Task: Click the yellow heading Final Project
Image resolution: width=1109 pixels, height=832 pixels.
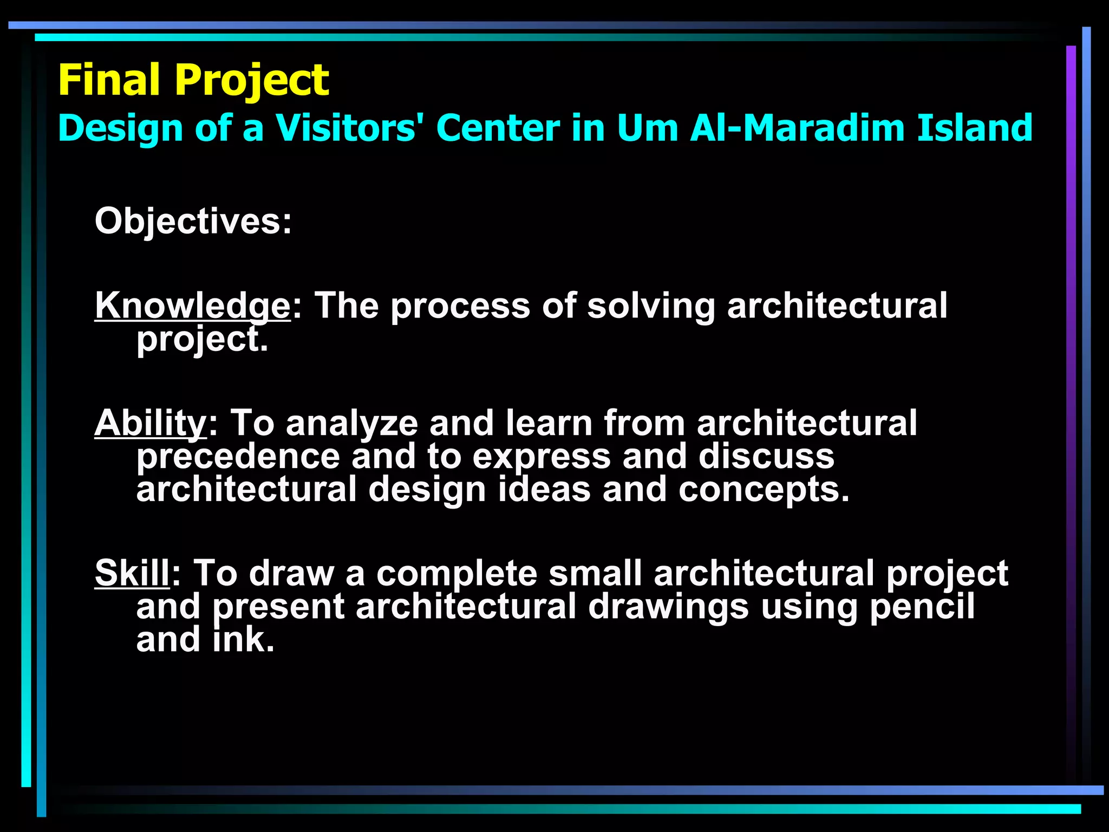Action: [193, 80]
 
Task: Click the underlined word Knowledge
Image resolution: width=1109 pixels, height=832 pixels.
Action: [193, 305]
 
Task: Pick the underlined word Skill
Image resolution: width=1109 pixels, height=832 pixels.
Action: [133, 573]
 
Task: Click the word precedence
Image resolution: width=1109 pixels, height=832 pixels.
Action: [238, 457]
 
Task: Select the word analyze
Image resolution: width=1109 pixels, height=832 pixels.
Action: [352, 424]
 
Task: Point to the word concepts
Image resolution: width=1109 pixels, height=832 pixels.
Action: [764, 490]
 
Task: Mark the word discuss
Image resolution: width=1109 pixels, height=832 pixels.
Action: [766, 457]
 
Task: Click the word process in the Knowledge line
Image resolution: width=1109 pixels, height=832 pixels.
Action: [460, 307]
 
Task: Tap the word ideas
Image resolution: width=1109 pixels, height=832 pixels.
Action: [544, 490]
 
